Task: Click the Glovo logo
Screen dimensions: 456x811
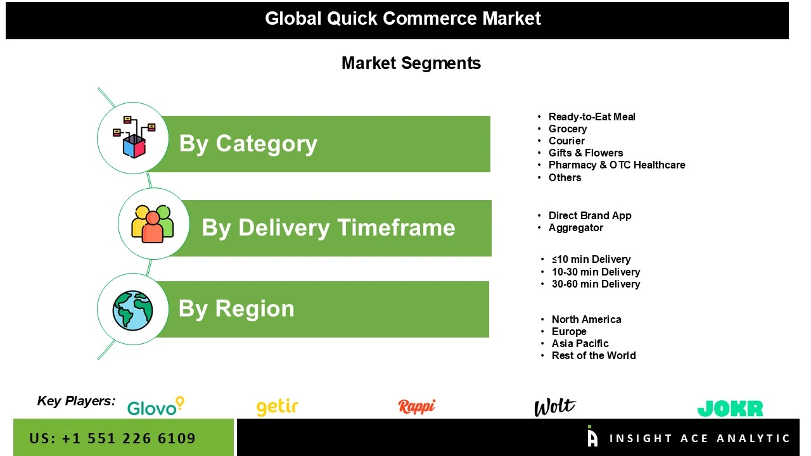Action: point(155,407)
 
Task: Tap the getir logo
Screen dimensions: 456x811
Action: point(277,407)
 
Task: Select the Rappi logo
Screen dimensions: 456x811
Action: point(416,406)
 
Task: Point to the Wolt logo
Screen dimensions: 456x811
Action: point(554,407)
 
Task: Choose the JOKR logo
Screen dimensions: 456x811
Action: point(730,408)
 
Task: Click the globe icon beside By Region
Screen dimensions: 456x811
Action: point(133,310)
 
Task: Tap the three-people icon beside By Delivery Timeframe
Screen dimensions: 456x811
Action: point(153,224)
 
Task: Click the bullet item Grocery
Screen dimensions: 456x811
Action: point(567,129)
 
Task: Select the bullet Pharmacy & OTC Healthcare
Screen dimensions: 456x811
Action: point(616,165)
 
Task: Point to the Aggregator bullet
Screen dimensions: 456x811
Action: point(575,227)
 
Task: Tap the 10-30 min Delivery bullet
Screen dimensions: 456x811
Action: point(596,272)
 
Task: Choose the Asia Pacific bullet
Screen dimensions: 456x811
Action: point(580,343)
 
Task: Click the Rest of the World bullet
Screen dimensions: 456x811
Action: point(593,355)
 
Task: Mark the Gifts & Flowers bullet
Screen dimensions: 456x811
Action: point(585,153)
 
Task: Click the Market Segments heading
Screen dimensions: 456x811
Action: point(411,63)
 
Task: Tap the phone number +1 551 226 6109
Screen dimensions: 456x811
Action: point(129,438)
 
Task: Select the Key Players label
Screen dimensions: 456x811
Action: point(76,400)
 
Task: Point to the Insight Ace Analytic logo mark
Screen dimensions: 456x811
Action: point(592,436)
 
